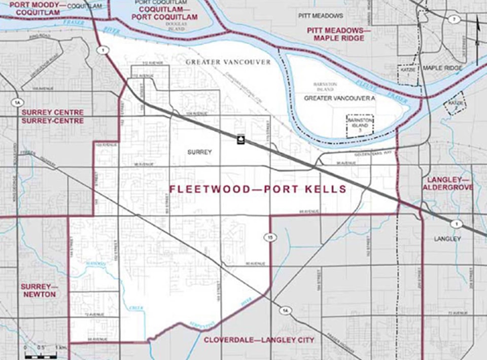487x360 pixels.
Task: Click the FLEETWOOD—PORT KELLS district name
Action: pyautogui.click(x=258, y=190)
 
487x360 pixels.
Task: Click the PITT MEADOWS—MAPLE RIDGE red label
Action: pyautogui.click(x=335, y=34)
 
